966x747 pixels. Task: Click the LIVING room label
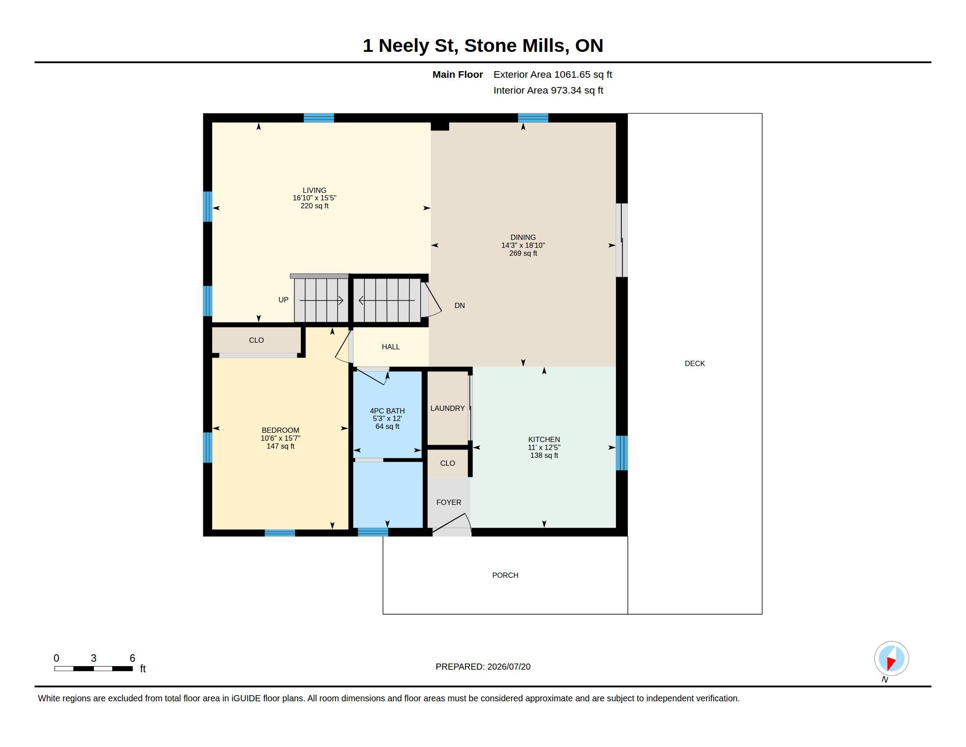point(314,190)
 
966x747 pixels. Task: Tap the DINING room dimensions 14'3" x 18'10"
point(523,245)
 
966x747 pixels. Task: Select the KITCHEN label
point(544,439)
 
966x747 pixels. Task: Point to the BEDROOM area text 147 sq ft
point(281,446)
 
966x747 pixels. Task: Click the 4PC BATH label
point(387,411)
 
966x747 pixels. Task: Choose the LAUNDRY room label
point(447,408)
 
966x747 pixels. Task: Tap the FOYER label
point(448,502)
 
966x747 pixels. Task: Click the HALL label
point(390,347)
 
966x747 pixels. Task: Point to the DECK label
point(695,363)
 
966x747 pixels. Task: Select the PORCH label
point(505,575)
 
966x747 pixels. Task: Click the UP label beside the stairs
point(283,300)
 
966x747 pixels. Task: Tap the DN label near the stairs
point(460,305)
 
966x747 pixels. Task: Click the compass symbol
point(891,659)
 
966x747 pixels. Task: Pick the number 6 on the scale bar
point(132,658)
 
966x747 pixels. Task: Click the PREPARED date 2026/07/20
point(508,667)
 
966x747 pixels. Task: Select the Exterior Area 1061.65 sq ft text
point(553,74)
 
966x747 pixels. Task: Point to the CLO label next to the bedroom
point(256,340)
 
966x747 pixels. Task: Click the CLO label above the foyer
point(447,463)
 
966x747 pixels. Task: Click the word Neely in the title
point(404,46)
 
